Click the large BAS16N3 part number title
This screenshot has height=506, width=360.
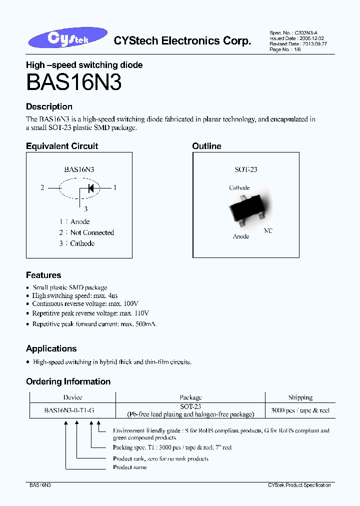(73, 82)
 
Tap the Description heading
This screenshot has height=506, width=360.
(49, 106)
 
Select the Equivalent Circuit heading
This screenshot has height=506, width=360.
(62, 146)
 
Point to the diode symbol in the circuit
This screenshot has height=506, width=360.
(90, 188)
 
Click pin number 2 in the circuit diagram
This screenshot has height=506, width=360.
(42, 188)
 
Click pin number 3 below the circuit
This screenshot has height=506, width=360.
(85, 209)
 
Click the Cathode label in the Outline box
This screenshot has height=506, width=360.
(239, 188)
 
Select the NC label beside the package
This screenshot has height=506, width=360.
(268, 231)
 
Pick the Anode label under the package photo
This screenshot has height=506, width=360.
(241, 236)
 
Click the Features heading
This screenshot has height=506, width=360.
(43, 275)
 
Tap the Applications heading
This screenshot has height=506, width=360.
(51, 348)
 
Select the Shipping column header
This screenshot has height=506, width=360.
(300, 397)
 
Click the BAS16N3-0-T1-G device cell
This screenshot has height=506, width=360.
(69, 410)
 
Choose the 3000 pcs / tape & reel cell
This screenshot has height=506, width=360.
(300, 410)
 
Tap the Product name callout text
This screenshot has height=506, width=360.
(129, 467)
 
